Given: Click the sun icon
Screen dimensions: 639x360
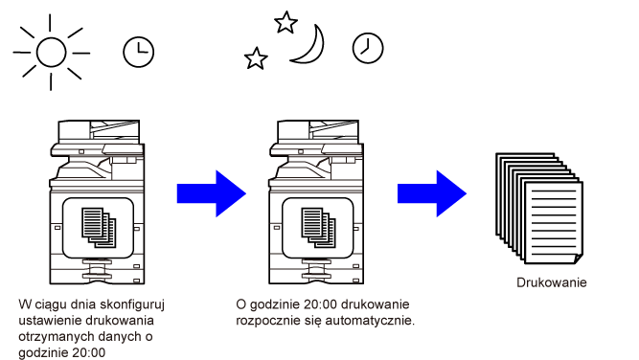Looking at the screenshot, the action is (x=51, y=52).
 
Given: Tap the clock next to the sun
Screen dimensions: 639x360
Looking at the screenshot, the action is (x=139, y=52).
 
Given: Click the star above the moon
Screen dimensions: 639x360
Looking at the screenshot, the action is (x=285, y=22).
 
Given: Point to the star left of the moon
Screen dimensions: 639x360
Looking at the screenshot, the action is (x=256, y=58).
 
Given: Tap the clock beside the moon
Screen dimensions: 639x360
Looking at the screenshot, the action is (x=368, y=48).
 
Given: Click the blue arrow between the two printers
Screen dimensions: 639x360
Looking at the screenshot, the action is (x=212, y=193).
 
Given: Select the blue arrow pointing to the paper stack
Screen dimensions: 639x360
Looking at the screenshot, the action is (x=432, y=193).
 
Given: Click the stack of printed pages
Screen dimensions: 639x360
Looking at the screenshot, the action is (x=539, y=209).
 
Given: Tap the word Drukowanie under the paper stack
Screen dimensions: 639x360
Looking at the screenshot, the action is (x=552, y=282).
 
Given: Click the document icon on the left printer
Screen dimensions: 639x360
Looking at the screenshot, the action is (x=99, y=228).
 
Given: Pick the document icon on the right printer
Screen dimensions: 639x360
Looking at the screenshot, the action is (x=318, y=228).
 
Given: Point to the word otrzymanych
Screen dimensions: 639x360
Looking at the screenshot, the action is (x=49, y=337).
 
